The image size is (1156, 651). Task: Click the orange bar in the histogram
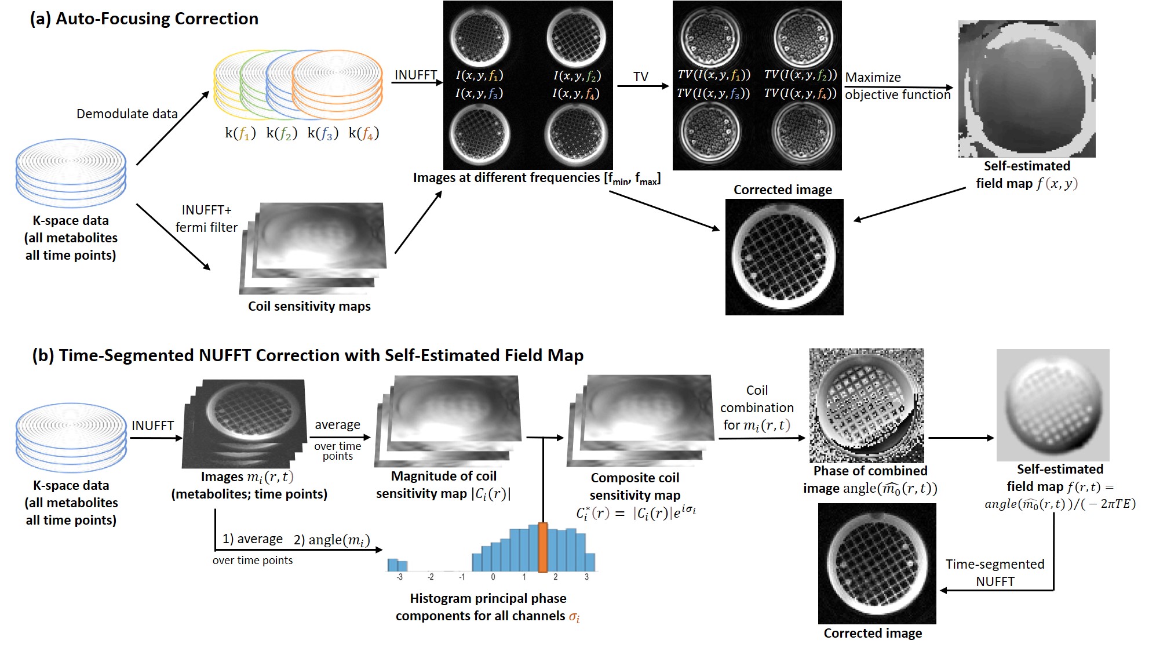pos(543,547)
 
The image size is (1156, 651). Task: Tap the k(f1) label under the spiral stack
pos(240,133)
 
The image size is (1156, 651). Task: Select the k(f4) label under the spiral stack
pos(363,133)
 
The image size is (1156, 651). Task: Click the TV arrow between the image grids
pos(642,86)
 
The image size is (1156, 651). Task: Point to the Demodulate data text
pos(127,114)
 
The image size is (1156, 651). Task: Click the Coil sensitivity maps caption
pos(309,306)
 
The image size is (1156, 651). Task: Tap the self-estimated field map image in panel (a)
pos(1027,89)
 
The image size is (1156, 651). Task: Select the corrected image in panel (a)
pos(784,257)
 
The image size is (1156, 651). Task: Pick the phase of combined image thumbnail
pos(866,405)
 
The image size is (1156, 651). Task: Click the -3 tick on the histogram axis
pos(399,577)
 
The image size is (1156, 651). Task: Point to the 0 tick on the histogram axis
pos(493,577)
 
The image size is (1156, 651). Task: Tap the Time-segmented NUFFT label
pos(995,573)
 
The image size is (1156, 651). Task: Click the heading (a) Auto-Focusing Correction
pos(144,19)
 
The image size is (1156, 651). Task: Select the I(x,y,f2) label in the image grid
pos(577,75)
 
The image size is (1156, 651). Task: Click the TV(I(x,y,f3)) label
pos(713,93)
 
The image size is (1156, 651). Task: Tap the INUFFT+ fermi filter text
pos(206,219)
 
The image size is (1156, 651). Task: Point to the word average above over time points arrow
pos(337,425)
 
